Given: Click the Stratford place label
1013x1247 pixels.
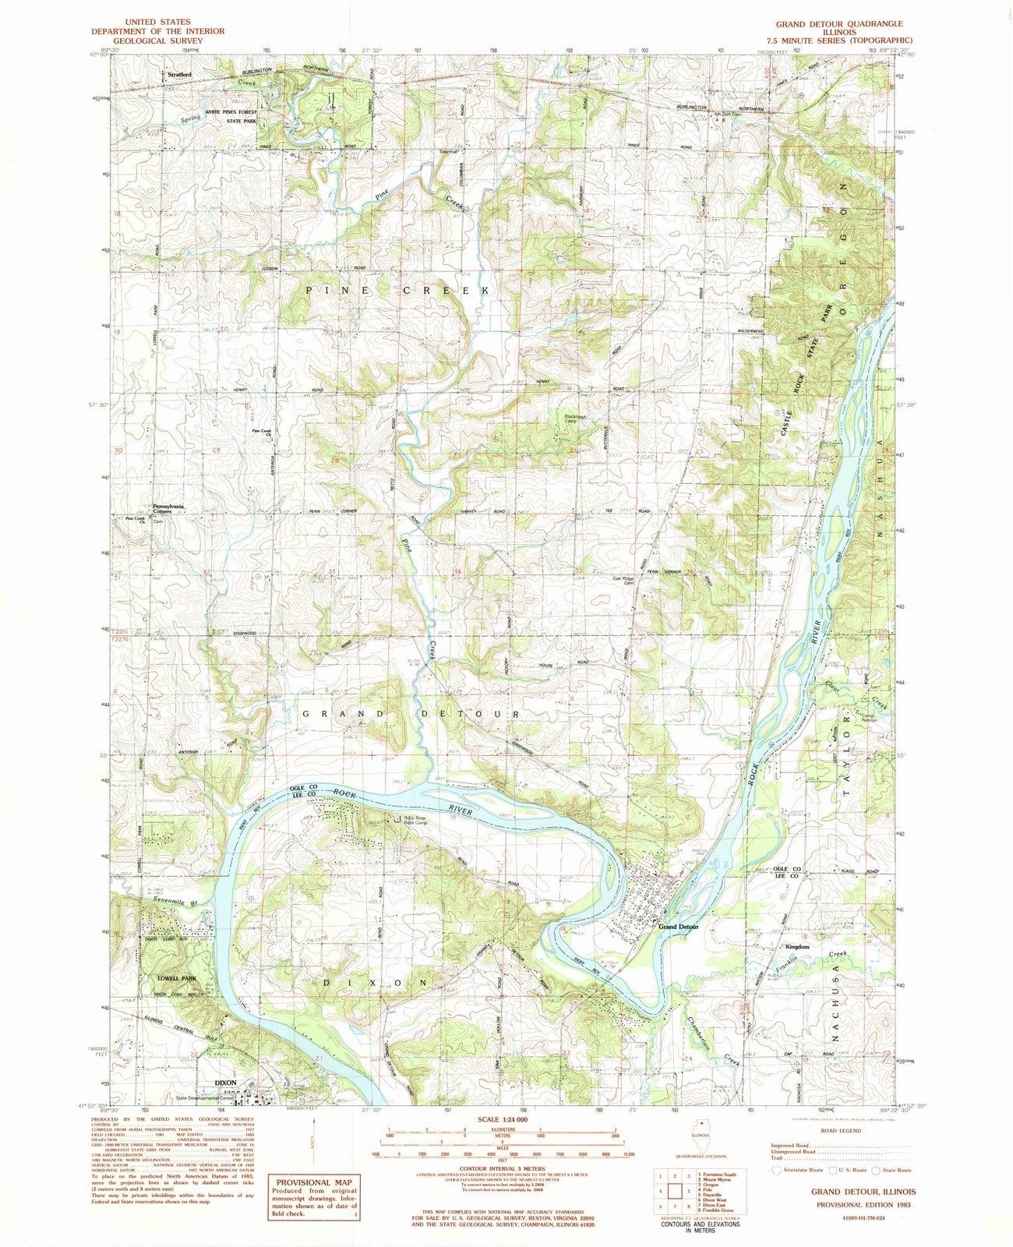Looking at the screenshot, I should (180, 75).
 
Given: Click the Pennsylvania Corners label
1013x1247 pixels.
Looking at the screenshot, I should (168, 509).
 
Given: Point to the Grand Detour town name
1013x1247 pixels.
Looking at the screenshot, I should (679, 927).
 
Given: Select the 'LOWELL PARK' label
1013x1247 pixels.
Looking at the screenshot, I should (175, 978).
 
